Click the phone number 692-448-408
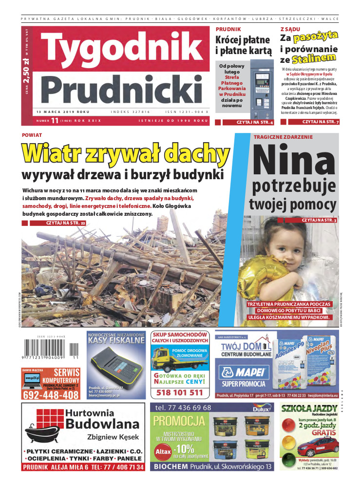[50, 394]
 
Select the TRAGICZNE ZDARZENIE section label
[283, 137]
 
